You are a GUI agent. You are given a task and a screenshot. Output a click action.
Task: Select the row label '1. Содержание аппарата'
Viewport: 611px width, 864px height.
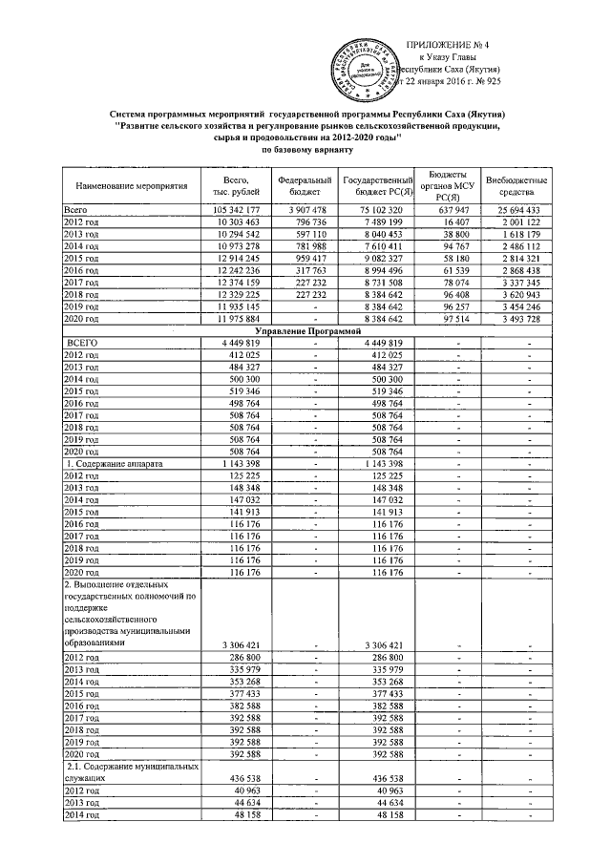point(114,464)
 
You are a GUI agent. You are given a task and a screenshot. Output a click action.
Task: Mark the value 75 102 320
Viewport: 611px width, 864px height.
point(382,209)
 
